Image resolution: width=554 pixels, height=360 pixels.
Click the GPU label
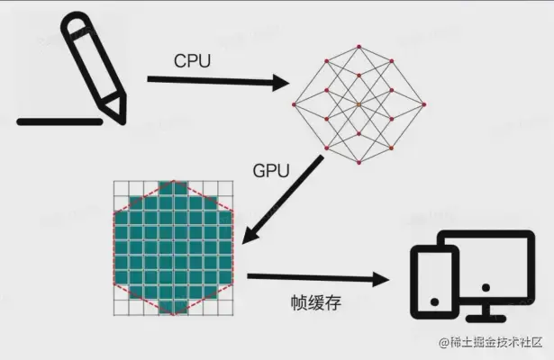(x=271, y=171)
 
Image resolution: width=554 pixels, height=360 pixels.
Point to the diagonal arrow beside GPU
(x=286, y=202)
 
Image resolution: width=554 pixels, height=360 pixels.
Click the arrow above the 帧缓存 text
(x=319, y=278)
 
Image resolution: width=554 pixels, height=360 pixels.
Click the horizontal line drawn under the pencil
(x=59, y=119)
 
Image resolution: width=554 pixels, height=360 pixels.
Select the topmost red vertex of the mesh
(x=359, y=45)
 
